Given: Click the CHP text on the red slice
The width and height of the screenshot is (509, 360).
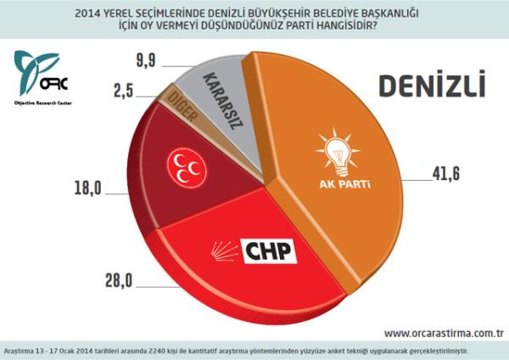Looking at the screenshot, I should pyautogui.click(x=270, y=250).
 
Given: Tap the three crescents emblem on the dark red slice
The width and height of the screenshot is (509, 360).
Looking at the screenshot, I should pyautogui.click(x=186, y=166).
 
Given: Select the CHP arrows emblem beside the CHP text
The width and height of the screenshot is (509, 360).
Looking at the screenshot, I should pyautogui.click(x=227, y=252).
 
